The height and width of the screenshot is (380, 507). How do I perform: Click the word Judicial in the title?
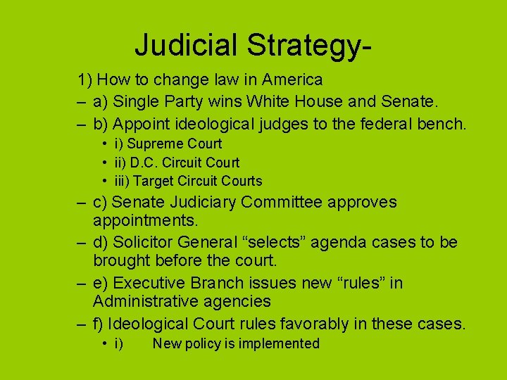[x=185, y=44]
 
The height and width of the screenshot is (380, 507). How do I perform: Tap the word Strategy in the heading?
[x=302, y=46]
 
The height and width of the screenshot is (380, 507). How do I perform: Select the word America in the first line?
[x=288, y=80]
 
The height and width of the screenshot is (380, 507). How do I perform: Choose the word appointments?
[x=146, y=221]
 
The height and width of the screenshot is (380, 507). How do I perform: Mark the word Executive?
[x=149, y=283]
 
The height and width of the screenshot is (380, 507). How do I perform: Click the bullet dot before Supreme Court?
[x=104, y=144]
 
